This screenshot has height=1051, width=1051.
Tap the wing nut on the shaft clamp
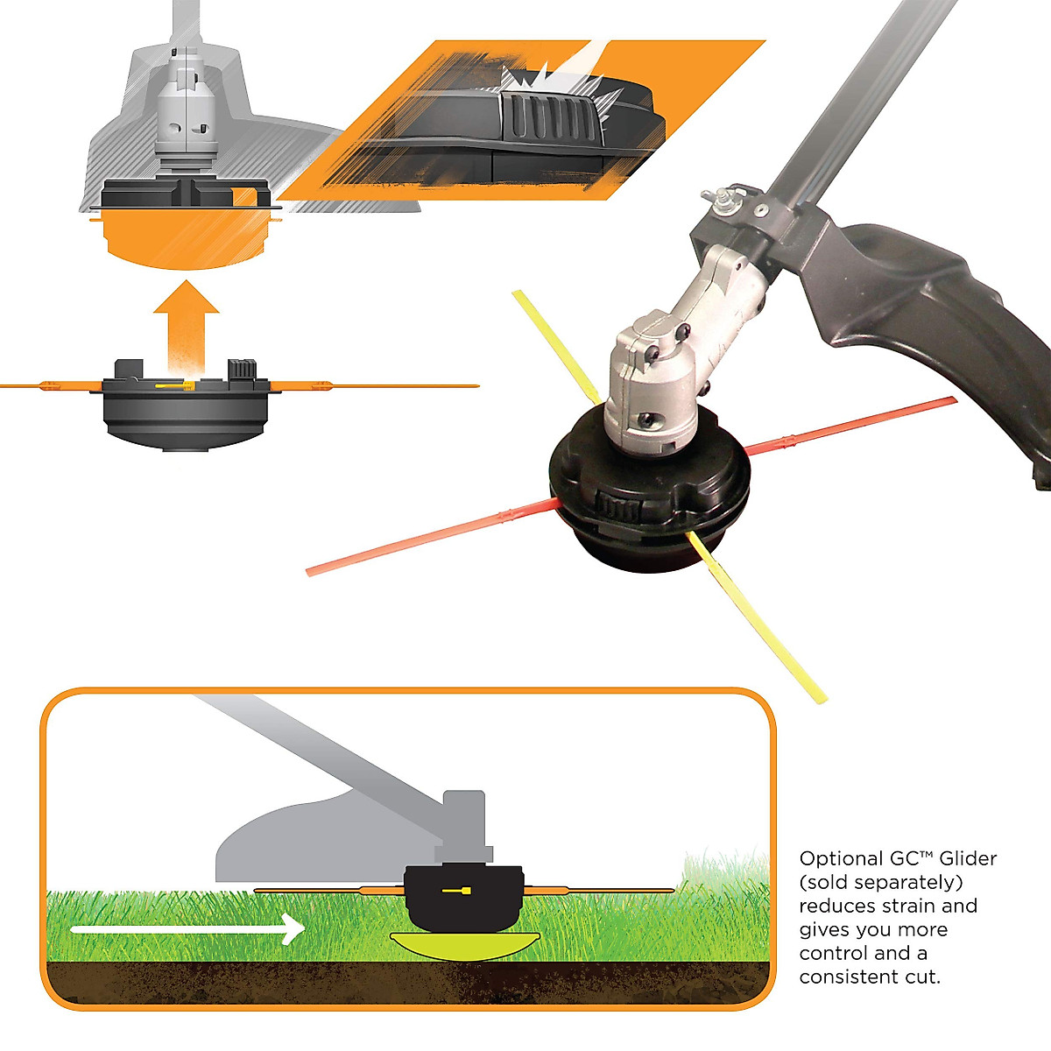723,201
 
